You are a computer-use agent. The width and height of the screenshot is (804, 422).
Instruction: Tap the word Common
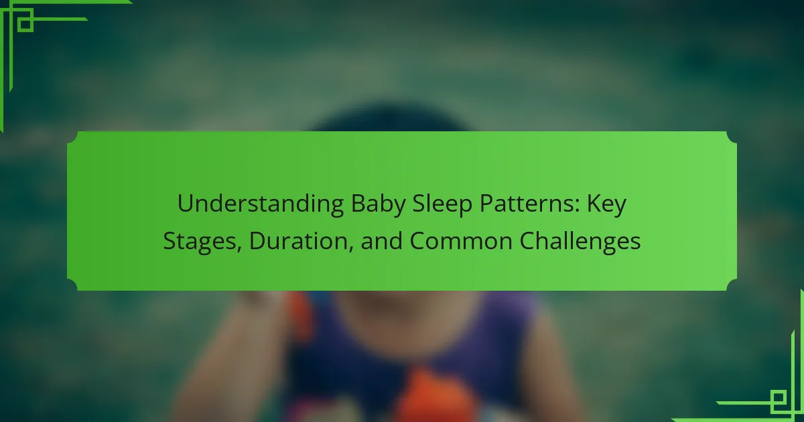(461, 242)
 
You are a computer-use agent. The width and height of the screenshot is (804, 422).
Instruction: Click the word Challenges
(580, 242)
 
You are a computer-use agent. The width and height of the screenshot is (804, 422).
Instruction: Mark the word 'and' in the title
(381, 240)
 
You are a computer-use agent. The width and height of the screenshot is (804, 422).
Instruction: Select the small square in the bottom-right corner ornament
(779, 398)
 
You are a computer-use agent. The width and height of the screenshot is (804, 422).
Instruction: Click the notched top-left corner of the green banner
(72, 138)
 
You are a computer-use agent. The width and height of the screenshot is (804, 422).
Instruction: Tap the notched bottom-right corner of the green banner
(732, 285)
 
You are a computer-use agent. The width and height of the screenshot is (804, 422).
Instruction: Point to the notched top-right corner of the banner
(732, 138)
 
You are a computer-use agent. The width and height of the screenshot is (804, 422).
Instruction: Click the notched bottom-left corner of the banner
(72, 285)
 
